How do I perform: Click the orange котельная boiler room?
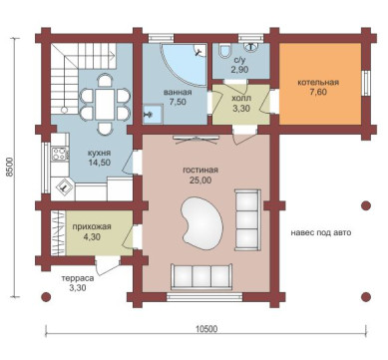320,84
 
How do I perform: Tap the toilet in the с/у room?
225,50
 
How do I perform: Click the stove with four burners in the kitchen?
60,155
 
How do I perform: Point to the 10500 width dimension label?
206,329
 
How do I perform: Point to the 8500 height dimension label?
11,167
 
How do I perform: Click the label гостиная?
200,171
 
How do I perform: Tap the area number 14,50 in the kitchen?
100,163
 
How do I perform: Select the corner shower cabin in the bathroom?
184,65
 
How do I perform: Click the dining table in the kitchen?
105,104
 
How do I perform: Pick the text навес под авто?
321,232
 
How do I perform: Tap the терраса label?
78,278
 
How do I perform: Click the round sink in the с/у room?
252,47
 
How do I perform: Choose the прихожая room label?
92,227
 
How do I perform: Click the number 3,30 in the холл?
241,109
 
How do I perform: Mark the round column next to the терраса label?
46,296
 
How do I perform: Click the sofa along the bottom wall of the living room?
201,276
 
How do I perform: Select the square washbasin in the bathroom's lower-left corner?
153,115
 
